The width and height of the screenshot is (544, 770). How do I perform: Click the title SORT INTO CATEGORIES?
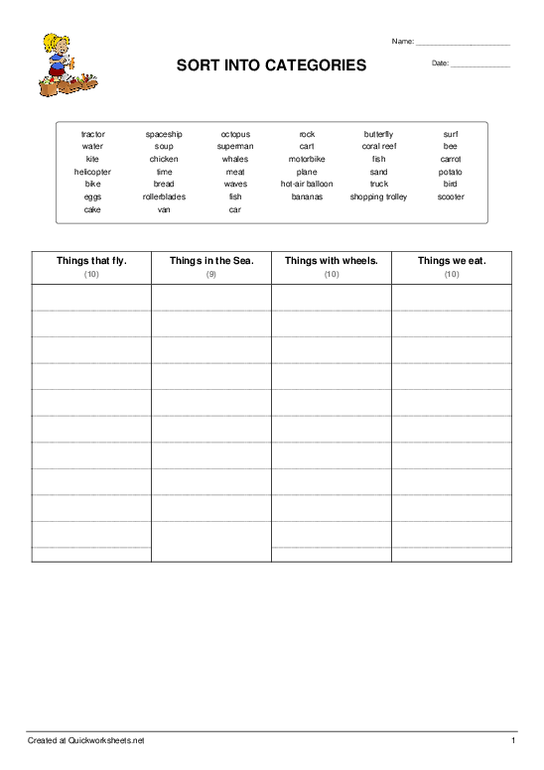click(271, 65)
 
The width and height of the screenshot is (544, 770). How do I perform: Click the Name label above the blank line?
click(402, 42)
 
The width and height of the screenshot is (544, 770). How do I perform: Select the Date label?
click(440, 64)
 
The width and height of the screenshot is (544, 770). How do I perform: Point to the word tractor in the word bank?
click(92, 134)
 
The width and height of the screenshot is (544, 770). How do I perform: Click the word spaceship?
click(164, 134)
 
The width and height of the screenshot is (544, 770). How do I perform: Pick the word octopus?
click(235, 134)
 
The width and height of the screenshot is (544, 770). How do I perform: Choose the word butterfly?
click(378, 134)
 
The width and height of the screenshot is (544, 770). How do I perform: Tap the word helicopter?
click(92, 172)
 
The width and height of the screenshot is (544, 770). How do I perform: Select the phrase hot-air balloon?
click(307, 184)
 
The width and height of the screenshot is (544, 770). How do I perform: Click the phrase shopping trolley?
click(378, 196)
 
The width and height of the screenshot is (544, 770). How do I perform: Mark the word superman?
click(235, 146)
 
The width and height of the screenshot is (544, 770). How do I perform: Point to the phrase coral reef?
click(378, 146)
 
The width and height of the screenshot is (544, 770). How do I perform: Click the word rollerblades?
click(164, 196)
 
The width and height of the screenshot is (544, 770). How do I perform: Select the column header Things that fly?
click(91, 261)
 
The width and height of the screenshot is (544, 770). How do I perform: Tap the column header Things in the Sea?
click(211, 261)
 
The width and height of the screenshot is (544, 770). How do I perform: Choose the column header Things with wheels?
click(332, 261)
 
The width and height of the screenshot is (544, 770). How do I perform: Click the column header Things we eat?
click(452, 261)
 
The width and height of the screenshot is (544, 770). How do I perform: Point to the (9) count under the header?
click(211, 274)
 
